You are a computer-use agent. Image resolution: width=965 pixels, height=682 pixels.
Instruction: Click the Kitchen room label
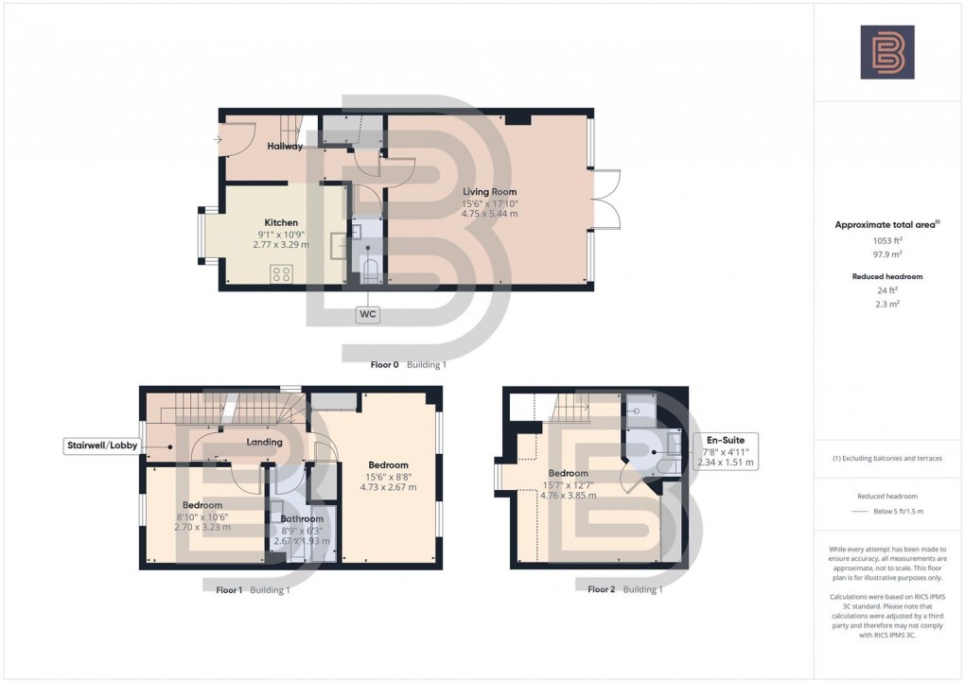281,223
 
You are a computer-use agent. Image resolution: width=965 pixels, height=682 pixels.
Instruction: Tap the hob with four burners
282,273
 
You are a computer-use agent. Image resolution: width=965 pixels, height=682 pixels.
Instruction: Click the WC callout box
368,314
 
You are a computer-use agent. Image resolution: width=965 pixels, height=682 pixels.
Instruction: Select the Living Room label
490,192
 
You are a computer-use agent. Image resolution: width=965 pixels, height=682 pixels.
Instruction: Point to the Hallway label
285,147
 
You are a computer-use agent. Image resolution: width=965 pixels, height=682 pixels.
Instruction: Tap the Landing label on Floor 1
264,442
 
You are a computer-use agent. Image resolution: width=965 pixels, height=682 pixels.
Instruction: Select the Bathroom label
302,518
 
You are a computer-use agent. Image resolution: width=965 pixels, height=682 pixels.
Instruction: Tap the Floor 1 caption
229,589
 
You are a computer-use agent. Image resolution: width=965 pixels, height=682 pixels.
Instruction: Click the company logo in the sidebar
886,52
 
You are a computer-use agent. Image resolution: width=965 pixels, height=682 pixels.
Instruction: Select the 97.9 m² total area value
886,253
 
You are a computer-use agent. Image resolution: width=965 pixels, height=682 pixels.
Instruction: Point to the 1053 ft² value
886,240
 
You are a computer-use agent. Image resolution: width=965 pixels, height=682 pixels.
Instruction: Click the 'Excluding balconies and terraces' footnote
886,459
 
